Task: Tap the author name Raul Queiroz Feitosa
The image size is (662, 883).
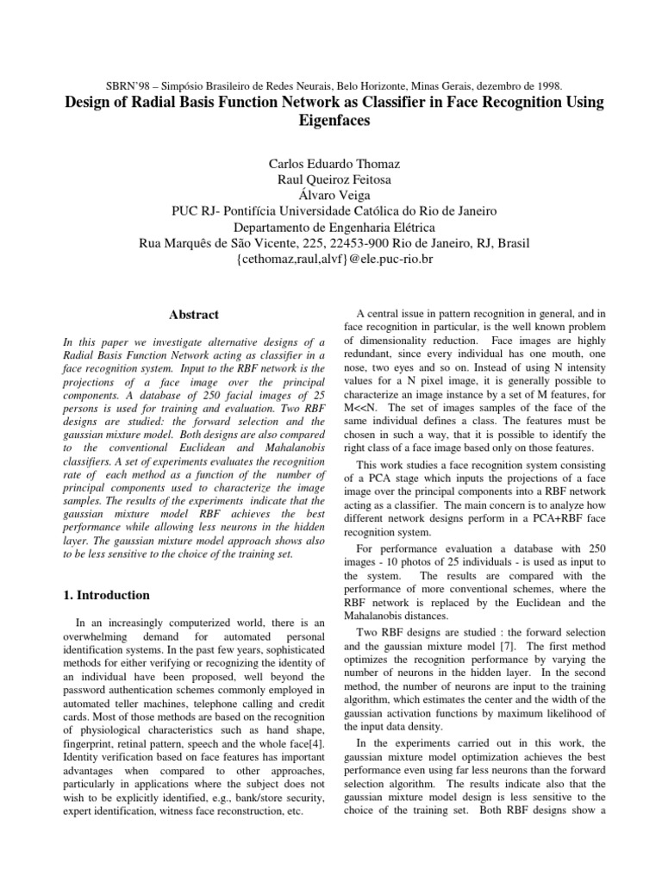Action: tap(331, 178)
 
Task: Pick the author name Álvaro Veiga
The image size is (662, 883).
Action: tap(331, 195)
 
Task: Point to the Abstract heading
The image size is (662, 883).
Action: tap(194, 316)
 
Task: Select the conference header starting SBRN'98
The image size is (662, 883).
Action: tap(331, 86)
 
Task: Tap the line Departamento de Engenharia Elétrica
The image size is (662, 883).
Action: tap(331, 228)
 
